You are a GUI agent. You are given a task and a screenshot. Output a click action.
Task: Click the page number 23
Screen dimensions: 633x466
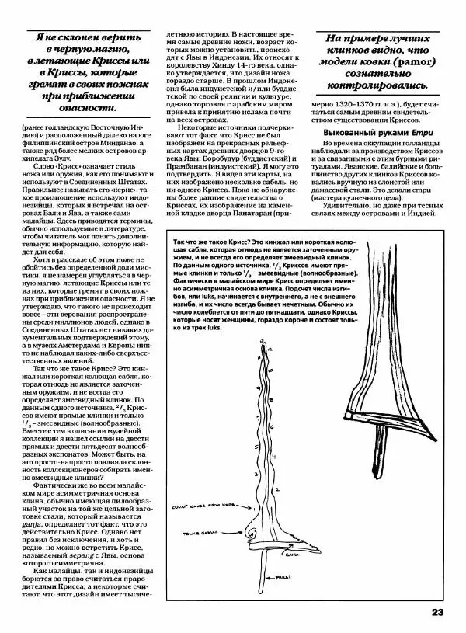point(436,612)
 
